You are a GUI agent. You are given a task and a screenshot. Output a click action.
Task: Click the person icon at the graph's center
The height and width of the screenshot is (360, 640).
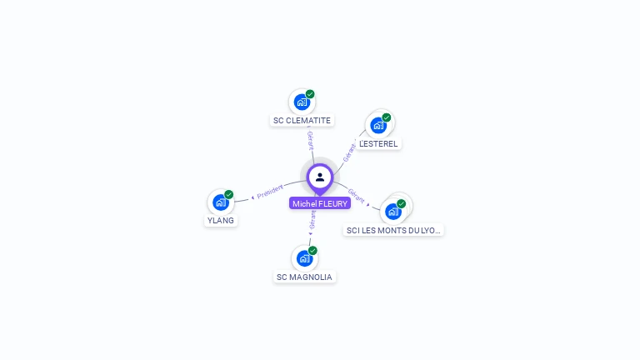(x=320, y=177)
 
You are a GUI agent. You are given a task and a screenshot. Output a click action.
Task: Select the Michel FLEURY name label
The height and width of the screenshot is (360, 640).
(x=320, y=203)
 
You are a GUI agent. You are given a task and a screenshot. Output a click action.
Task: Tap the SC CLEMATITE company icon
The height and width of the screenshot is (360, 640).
(x=302, y=102)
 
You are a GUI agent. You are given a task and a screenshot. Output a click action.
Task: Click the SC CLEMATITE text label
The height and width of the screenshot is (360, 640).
(x=302, y=121)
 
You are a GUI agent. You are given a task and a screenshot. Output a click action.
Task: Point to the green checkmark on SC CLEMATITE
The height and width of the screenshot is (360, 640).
(x=310, y=94)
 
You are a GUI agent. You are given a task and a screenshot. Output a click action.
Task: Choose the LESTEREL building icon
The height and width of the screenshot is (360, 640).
(x=378, y=126)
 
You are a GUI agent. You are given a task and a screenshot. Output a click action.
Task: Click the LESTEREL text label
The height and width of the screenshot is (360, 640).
(x=378, y=143)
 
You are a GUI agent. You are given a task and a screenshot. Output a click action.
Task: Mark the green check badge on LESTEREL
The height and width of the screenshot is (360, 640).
(x=387, y=117)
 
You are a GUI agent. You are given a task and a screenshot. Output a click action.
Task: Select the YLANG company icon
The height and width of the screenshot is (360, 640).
(x=220, y=202)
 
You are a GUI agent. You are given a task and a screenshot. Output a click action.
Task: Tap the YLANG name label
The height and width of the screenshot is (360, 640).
(x=221, y=221)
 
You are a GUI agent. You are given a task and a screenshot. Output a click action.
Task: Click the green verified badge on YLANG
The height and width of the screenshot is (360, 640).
(x=228, y=194)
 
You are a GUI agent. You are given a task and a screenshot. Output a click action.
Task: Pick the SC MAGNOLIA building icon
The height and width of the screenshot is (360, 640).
(x=304, y=258)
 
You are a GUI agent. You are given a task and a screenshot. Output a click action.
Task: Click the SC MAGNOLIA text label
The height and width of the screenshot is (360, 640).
(x=304, y=277)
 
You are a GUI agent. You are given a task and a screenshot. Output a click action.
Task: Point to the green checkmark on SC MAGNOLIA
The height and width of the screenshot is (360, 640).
(x=312, y=250)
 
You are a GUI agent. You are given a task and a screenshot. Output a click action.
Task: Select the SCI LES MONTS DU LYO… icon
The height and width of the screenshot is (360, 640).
(x=393, y=211)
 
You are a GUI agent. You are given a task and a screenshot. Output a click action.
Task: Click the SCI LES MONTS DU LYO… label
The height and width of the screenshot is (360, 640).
(x=394, y=230)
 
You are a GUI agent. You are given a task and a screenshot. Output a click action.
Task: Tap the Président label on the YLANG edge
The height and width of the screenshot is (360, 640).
(x=270, y=192)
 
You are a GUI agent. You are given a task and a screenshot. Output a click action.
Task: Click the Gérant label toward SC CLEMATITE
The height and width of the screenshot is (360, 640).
(x=310, y=140)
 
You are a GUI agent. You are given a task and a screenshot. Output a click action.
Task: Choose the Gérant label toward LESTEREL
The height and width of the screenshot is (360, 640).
(x=349, y=150)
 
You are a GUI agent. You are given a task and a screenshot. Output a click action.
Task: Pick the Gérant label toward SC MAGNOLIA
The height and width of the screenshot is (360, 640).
(x=312, y=219)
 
